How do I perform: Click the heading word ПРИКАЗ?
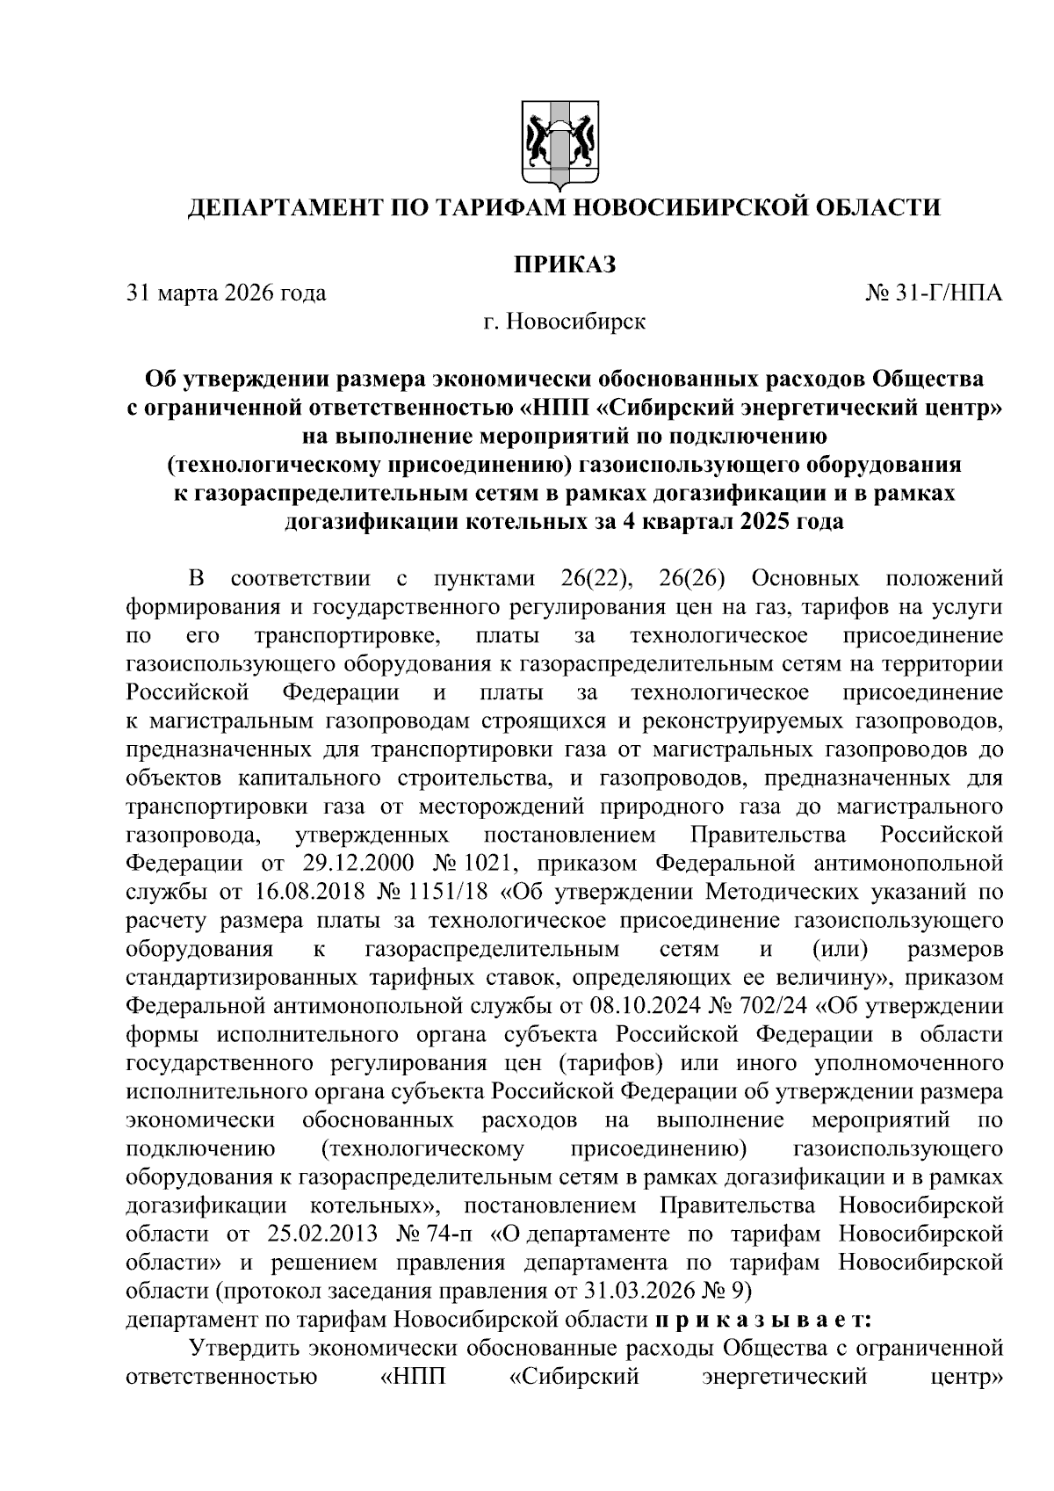pyautogui.click(x=564, y=264)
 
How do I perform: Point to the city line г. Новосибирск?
pyautogui.click(x=564, y=322)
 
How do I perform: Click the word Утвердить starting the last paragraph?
pyautogui.click(x=249, y=1349)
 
